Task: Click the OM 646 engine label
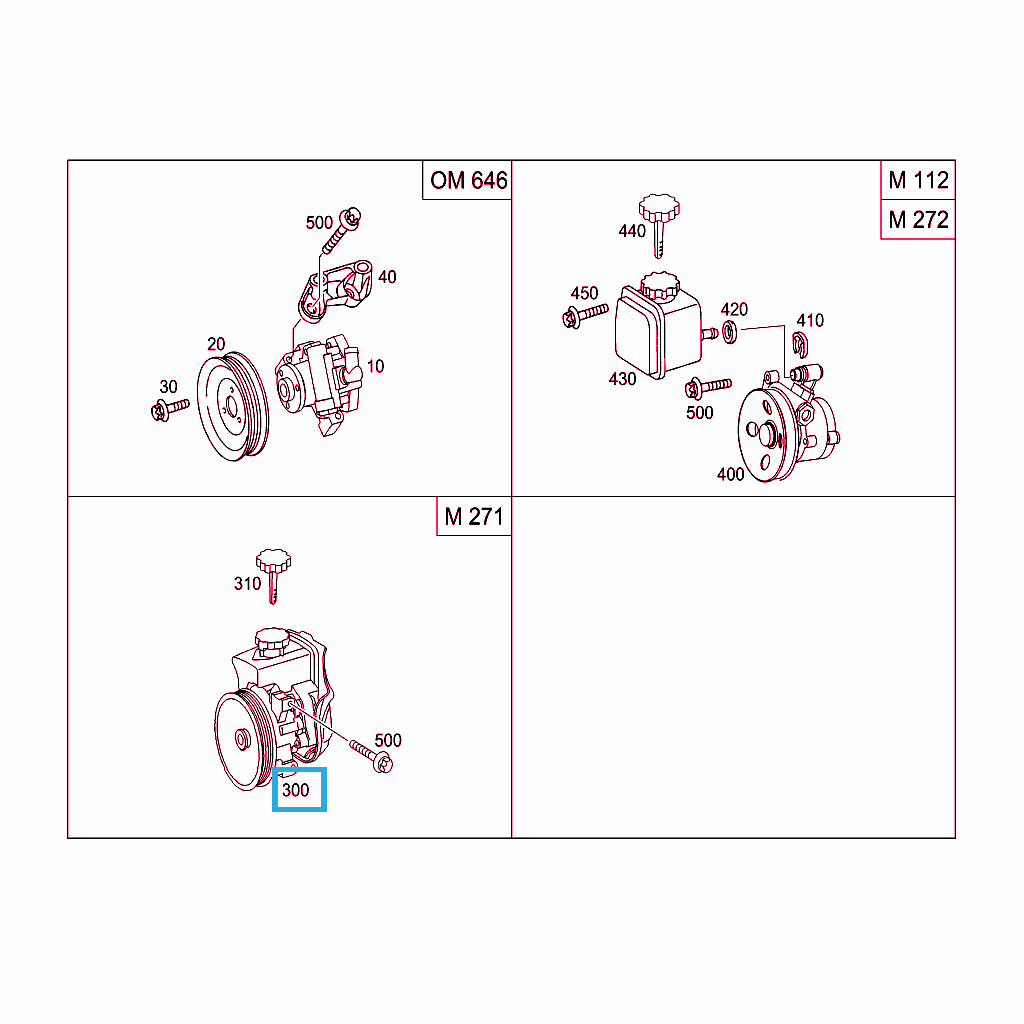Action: click(468, 180)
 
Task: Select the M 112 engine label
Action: click(918, 180)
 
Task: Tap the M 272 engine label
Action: click(918, 219)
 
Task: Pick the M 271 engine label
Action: click(473, 517)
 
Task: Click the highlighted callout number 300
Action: click(295, 790)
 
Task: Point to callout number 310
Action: click(248, 583)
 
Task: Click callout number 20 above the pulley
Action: click(216, 344)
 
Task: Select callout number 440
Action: click(632, 231)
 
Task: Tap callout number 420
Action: click(734, 309)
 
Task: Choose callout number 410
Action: click(810, 320)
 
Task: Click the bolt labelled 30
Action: click(169, 409)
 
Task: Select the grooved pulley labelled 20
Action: click(232, 406)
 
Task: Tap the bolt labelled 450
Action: click(584, 315)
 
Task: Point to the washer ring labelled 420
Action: click(729, 332)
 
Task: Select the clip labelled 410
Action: click(800, 345)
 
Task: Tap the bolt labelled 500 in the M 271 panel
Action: click(371, 756)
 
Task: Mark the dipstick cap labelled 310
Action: click(273, 576)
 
